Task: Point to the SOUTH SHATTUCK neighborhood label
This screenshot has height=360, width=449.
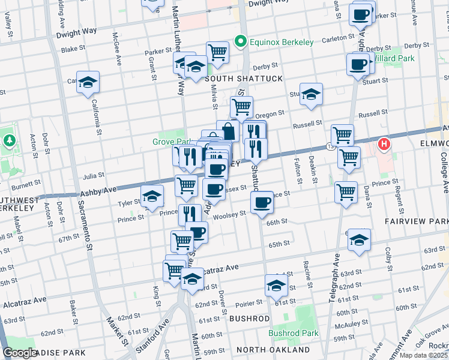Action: pyautogui.click(x=235, y=79)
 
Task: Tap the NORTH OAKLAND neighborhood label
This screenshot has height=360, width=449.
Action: pyautogui.click(x=273, y=350)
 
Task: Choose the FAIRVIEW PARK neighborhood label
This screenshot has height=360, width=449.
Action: pyautogui.click(x=417, y=221)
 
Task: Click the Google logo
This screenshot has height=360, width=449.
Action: pyautogui.click(x=20, y=353)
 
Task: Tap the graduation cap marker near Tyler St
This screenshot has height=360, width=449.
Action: pyautogui.click(x=152, y=196)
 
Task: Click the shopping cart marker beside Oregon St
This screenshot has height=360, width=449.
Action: pyautogui.click(x=241, y=107)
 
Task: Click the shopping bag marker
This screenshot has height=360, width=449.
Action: pyautogui.click(x=228, y=130)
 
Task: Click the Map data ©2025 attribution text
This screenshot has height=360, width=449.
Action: pyautogui.click(x=424, y=355)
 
